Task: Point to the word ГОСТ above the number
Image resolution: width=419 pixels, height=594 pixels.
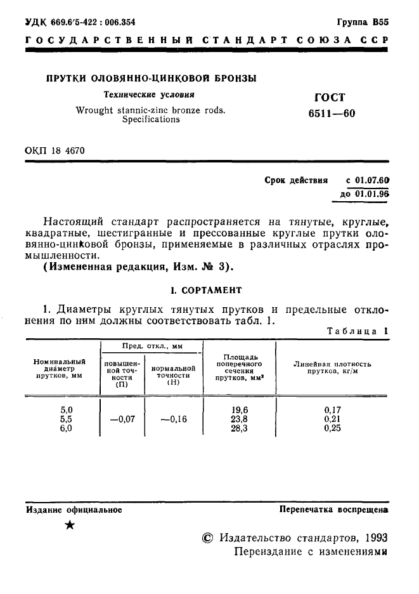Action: pos(330,98)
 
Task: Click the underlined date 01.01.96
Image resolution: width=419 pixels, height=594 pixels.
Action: pos(372,194)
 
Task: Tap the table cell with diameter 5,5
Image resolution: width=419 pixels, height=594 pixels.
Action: pos(67,419)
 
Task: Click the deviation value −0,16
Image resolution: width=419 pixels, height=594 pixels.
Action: pos(174,419)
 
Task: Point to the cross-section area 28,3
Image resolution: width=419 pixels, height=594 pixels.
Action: pos(238,428)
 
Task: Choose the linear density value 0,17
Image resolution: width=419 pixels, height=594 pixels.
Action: pos(332,410)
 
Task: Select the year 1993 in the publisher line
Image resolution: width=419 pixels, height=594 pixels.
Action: pos(377,537)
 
